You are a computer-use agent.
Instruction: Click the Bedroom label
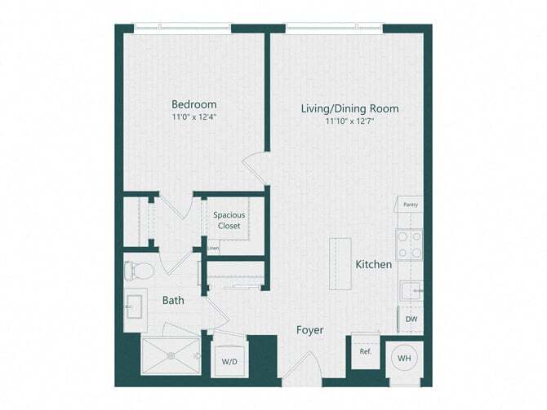194,104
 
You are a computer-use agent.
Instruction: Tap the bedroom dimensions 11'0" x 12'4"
194,117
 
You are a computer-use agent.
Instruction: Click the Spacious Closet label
229,220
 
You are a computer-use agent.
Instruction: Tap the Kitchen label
374,265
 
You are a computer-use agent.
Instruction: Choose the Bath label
173,300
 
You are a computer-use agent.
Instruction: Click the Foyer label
309,330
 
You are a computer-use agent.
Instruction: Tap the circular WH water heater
404,358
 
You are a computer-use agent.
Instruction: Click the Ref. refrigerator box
366,351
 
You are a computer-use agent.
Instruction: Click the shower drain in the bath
171,355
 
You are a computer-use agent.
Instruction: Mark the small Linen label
213,248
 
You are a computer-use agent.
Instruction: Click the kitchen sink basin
410,291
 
